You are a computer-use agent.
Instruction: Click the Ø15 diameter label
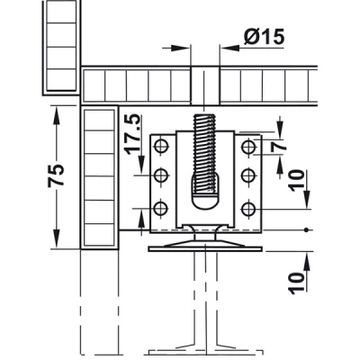pyautogui.click(x=264, y=37)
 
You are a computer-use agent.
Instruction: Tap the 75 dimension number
pyautogui.click(x=56, y=175)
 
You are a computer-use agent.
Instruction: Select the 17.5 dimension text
pyautogui.click(x=133, y=134)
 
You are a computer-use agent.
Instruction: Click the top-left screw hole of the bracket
pyautogui.click(x=161, y=147)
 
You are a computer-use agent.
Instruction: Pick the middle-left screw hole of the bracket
pyautogui.click(x=161, y=175)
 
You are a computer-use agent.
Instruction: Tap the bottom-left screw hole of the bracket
pyautogui.click(x=161, y=208)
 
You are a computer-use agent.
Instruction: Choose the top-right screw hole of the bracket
pyautogui.click(x=248, y=147)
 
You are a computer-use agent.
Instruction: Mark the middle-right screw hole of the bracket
pyautogui.click(x=248, y=175)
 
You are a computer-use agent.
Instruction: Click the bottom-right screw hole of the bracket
pyautogui.click(x=248, y=208)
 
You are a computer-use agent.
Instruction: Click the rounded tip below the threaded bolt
pyautogui.click(x=205, y=201)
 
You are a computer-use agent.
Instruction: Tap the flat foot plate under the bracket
pyautogui.click(x=205, y=248)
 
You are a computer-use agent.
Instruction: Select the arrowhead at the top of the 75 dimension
pyautogui.click(x=56, y=113)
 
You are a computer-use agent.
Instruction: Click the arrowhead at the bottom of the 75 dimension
pyautogui.click(x=56, y=240)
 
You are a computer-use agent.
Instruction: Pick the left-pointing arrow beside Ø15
pyautogui.click(x=229, y=47)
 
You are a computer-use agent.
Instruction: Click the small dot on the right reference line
pyautogui.click(x=306, y=230)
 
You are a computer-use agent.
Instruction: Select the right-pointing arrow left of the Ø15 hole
pyautogui.click(x=181, y=47)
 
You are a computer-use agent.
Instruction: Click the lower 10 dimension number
pyautogui.click(x=296, y=283)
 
